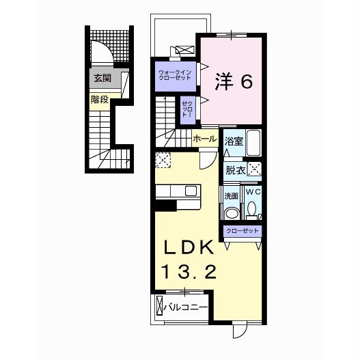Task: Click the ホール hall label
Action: coord(205,139)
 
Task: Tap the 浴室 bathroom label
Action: coord(234,141)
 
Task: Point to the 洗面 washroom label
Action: coord(231,196)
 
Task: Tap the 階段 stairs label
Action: coord(100,98)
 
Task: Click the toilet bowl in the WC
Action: coord(251,209)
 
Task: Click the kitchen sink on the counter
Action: coord(189,191)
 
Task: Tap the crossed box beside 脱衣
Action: coord(254,169)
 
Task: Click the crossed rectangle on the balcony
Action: coord(160,308)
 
